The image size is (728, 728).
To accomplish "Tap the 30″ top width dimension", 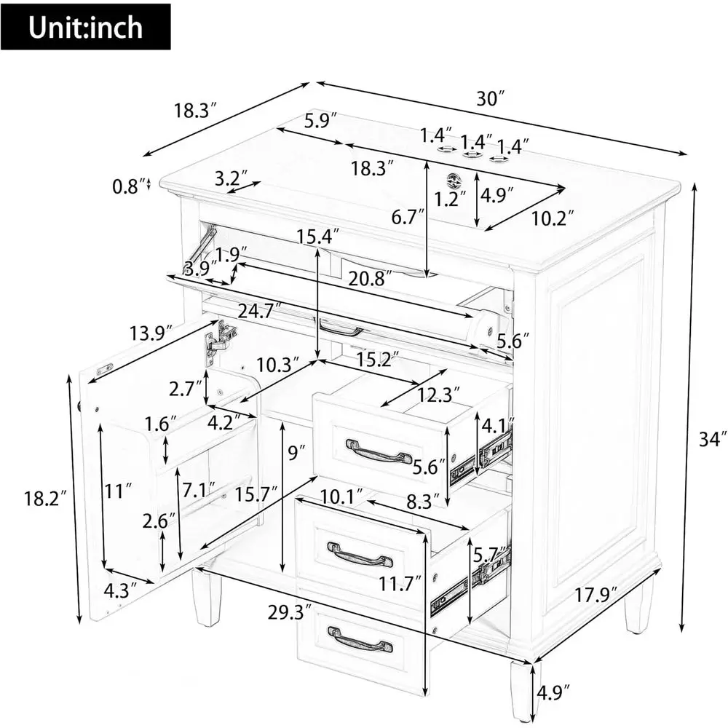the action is pos(490,99).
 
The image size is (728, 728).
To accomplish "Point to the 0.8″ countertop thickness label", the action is pos(125,186).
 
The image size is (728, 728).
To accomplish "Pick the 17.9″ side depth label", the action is pos(597,595).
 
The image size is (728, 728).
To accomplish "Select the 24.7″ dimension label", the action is pos(260,309).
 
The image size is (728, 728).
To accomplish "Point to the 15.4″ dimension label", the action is pos(318,237).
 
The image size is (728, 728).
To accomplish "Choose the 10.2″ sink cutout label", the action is pos(553,218).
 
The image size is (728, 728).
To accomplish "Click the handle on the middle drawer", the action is pos(360,554).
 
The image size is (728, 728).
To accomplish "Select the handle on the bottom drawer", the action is pos(360,639).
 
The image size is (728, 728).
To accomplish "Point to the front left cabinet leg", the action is pos(206,598).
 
